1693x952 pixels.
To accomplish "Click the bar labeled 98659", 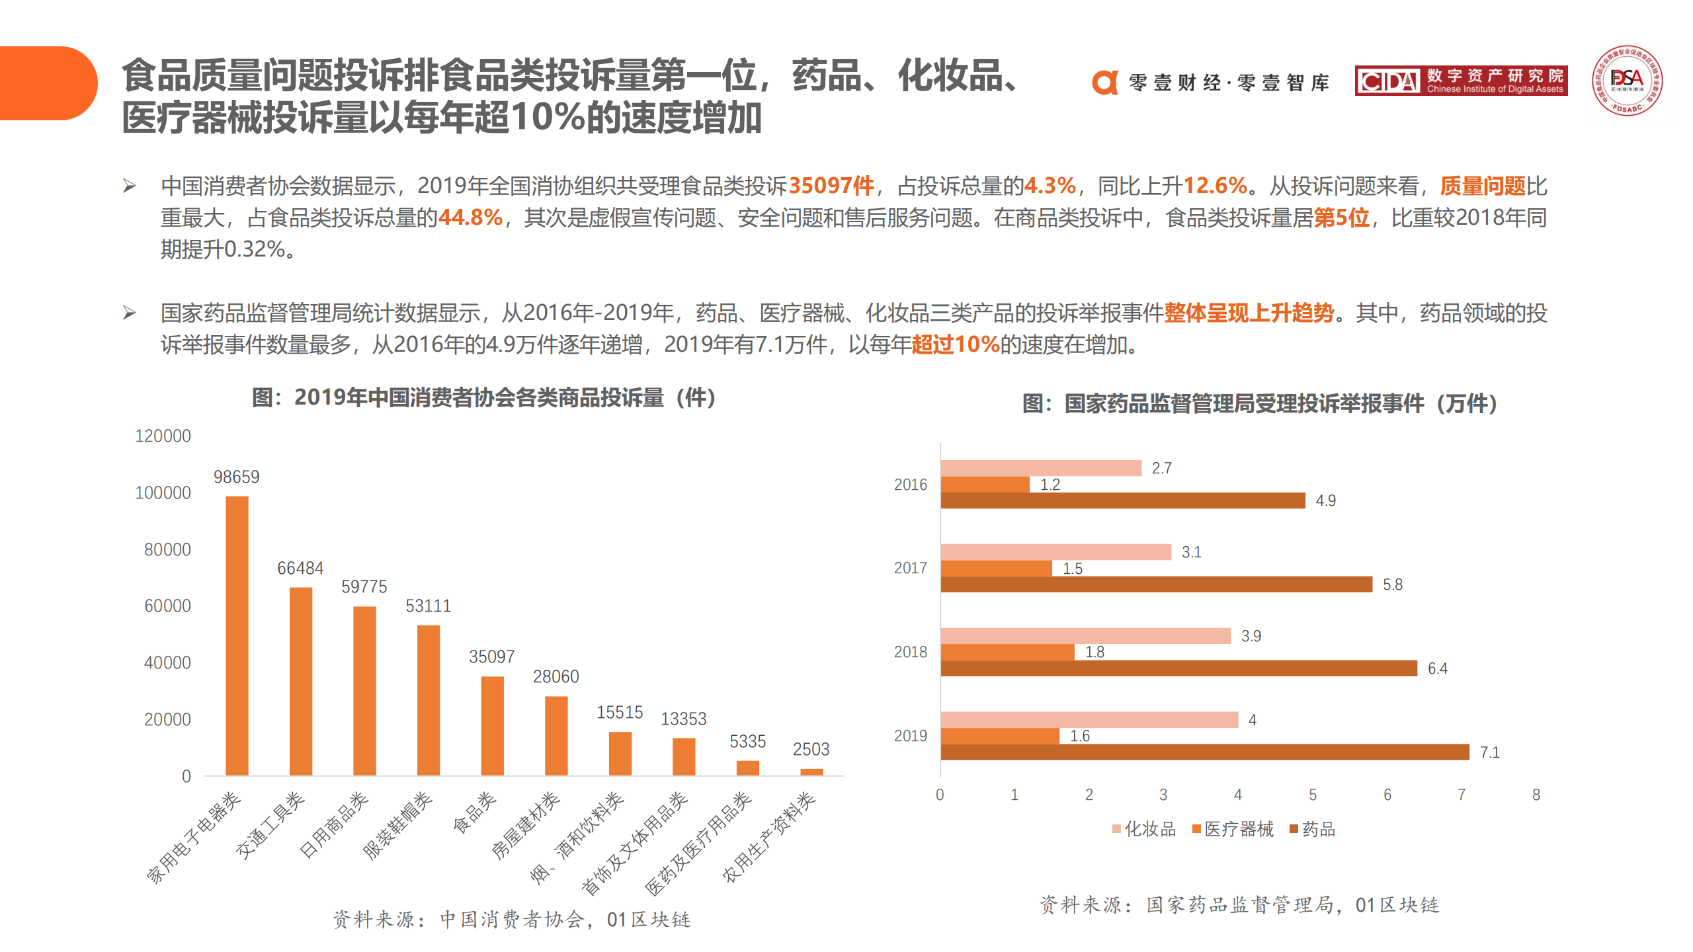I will point(237,635).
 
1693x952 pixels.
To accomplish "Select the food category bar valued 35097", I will point(492,725).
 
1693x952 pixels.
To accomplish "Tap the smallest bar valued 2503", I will point(811,772).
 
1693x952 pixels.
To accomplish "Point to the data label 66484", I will point(300,568).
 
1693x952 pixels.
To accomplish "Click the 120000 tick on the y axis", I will point(163,436).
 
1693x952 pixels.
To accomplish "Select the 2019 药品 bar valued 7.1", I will point(1204,752).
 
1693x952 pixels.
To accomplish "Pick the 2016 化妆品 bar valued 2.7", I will point(1040,468).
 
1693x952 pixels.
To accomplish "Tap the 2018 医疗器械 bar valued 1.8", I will point(1007,653).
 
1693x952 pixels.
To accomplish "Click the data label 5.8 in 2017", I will point(1392,584).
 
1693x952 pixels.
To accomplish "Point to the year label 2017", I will point(910,568).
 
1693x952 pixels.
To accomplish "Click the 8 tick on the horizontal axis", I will point(1536,795).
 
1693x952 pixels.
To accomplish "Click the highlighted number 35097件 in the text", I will point(831,186).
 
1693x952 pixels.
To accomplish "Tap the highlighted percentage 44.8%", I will point(470,218).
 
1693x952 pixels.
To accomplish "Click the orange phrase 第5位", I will point(1341,218).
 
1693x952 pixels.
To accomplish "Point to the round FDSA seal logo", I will point(1627,81).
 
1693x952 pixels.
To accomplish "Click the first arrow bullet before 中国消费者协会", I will point(130,186).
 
